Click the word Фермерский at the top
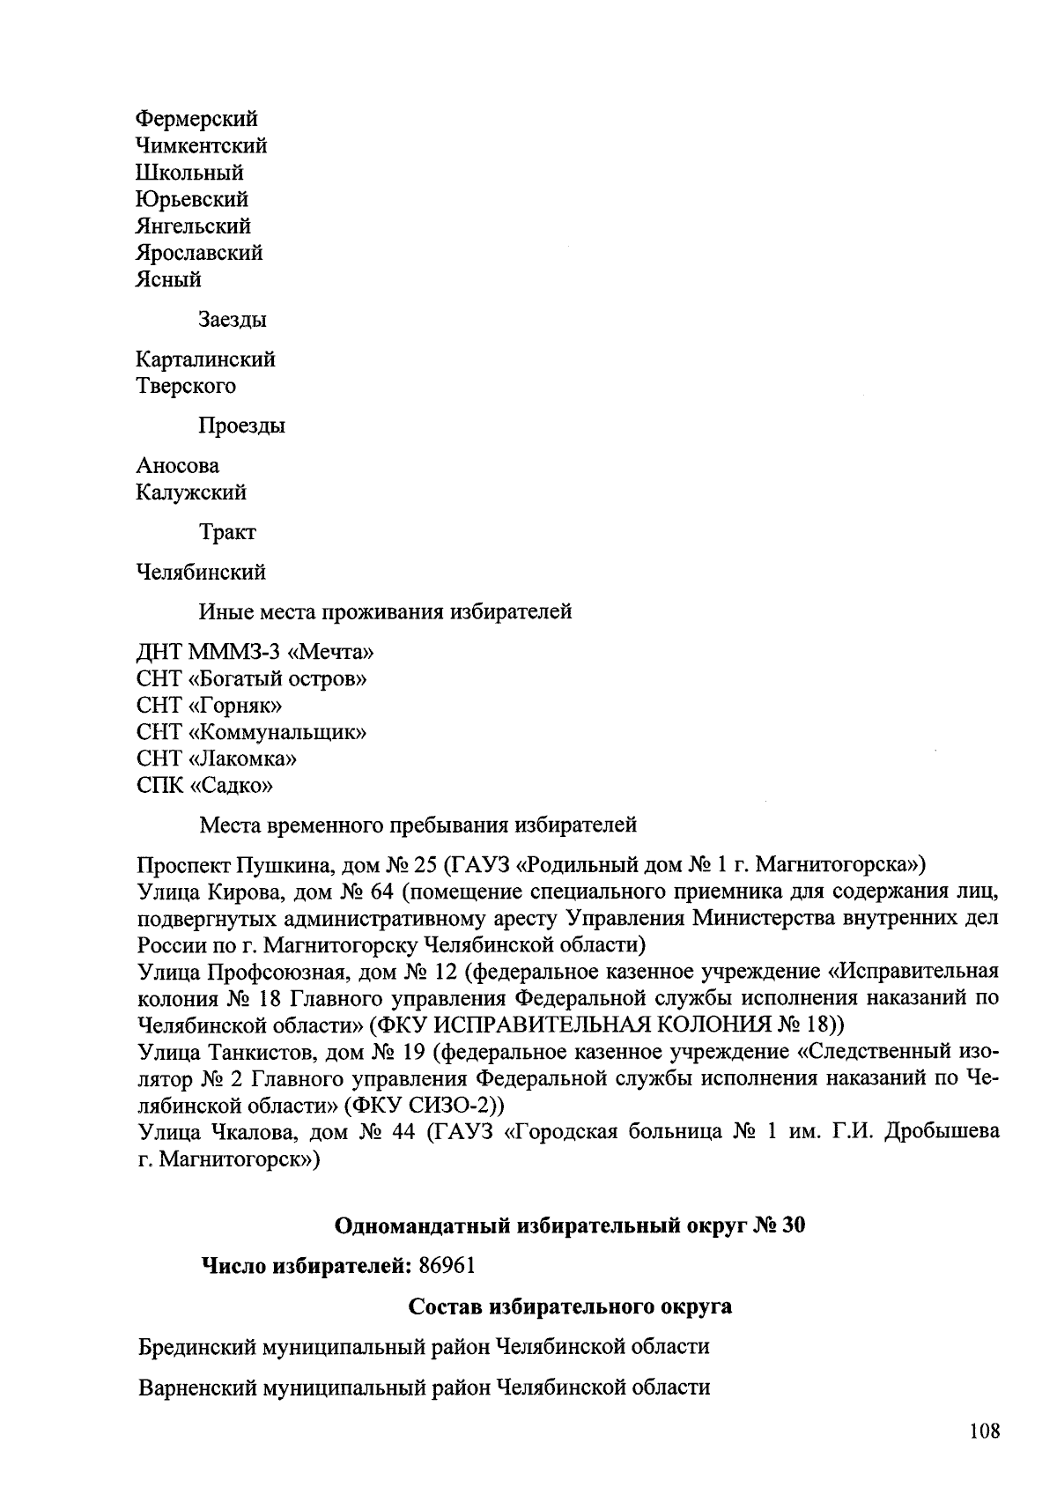tap(197, 119)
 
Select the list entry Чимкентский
tap(202, 145)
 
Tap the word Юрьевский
tap(192, 199)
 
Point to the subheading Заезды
tap(232, 320)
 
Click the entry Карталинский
tap(205, 359)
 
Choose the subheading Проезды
tap(241, 426)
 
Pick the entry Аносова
tap(178, 466)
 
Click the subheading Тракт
tap(227, 533)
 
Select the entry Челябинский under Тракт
tap(201, 573)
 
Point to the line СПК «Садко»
tap(205, 785)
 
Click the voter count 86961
tap(447, 1266)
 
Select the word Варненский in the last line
tap(198, 1388)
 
